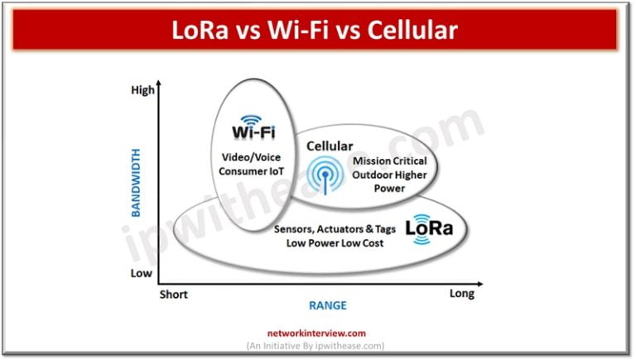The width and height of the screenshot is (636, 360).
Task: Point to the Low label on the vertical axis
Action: tap(143, 272)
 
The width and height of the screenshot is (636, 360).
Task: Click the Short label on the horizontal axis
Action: tap(173, 295)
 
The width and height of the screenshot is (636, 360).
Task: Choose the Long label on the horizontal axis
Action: tap(461, 294)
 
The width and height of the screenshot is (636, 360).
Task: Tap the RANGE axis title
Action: tap(327, 305)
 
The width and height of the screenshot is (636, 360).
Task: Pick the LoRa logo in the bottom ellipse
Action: tap(430, 228)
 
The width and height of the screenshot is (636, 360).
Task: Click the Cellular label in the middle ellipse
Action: tap(330, 146)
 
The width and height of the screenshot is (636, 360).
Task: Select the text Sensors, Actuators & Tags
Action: tap(335, 228)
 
